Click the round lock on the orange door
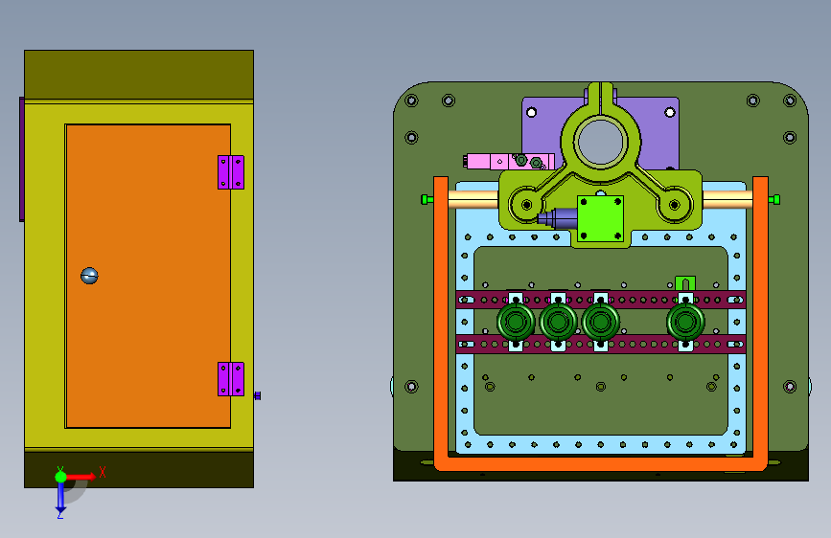(89, 276)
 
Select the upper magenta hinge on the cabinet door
(231, 172)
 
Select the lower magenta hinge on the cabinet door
(231, 379)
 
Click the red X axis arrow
(81, 477)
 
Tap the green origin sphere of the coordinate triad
(60, 477)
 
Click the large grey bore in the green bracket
(600, 142)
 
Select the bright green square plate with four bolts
(600, 218)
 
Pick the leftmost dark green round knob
(516, 321)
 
